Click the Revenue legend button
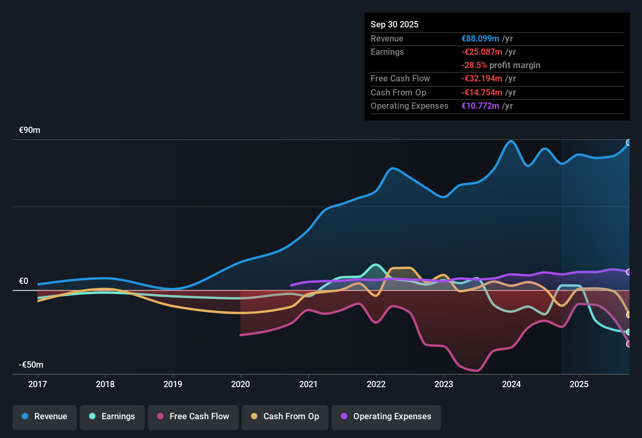45,416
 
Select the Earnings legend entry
112,416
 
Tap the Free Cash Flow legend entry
193,416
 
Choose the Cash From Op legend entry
285,416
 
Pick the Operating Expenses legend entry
386,416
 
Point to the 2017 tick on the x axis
38,384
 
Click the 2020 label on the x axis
240,384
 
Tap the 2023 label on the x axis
444,384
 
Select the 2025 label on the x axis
579,384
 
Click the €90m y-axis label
30,130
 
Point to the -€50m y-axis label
31,365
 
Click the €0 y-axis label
24,281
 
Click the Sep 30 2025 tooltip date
395,25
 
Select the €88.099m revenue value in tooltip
480,39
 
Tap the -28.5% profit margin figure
474,65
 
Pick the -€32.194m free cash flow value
482,79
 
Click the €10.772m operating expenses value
480,106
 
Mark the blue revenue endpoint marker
629,142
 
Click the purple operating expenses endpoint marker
629,272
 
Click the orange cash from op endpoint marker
629,315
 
